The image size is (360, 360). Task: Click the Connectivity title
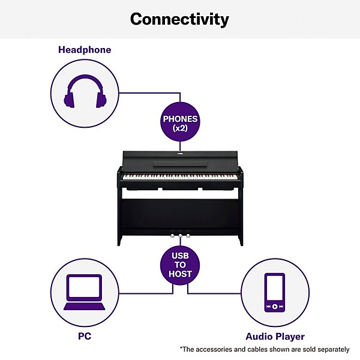[179, 19]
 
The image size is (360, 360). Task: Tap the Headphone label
[85, 50]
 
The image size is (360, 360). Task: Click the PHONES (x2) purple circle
[180, 123]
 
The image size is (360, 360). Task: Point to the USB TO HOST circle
[180, 264]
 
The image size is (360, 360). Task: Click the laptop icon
[83, 292]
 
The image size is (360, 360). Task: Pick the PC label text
[84, 337]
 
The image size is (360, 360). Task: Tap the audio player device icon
[275, 292]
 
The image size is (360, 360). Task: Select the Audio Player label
[275, 337]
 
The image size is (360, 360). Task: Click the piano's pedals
[180, 235]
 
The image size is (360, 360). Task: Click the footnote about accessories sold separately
[264, 349]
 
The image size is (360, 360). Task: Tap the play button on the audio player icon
[275, 306]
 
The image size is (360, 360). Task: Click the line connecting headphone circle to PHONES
[150, 93]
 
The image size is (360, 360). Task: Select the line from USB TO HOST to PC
[144, 293]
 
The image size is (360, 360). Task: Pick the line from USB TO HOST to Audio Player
[216, 293]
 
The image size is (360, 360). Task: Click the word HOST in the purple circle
[180, 274]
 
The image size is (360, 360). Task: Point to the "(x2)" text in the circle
[180, 128]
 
